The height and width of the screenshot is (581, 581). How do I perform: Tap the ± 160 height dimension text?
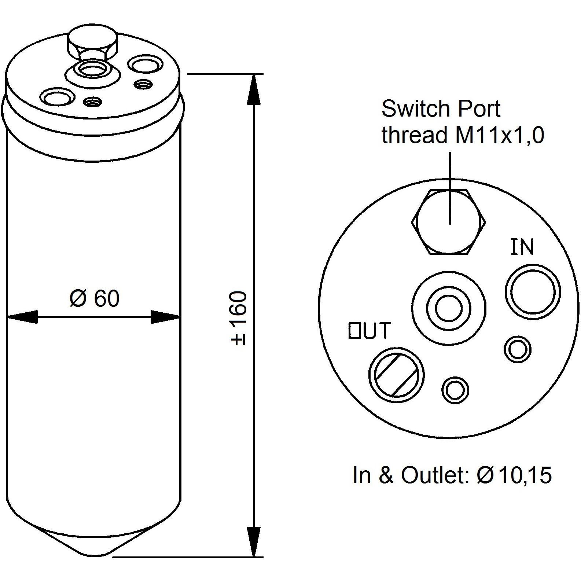pos(239,318)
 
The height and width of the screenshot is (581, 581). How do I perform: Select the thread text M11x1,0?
pos(499,135)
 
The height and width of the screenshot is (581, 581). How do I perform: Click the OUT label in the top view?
pos(369,330)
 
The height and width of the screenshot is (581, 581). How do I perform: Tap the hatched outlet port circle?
pos(396,375)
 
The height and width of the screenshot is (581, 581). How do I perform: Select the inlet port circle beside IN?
pos(533,291)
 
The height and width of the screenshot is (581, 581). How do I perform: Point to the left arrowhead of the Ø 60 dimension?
pos(22,317)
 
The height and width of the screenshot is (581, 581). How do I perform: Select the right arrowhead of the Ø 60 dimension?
pos(166,317)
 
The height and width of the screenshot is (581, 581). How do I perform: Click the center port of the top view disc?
pos(449,308)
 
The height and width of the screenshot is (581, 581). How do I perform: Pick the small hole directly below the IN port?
pos(518,349)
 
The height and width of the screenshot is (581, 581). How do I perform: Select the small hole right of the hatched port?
pos(456,390)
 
